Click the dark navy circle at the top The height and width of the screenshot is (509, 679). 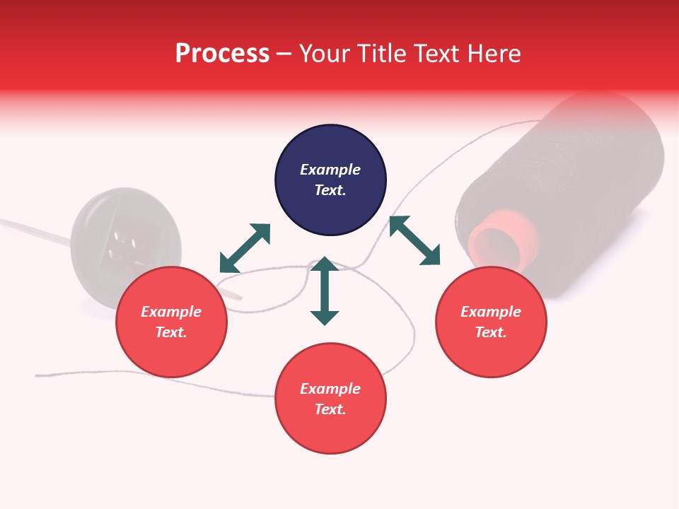pos(330,180)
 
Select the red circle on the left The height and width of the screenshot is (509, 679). pos(171,322)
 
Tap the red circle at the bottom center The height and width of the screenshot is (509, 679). pos(330,399)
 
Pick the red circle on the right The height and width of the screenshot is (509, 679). pos(491,322)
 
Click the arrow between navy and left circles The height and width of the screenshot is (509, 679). pos(245,248)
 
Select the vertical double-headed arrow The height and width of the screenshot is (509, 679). pos(325,291)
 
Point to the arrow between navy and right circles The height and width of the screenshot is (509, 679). pos(414,240)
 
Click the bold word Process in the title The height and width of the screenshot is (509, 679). pos(222,54)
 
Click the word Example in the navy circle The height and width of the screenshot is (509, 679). pos(330,170)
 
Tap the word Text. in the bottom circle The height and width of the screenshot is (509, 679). pos(330,409)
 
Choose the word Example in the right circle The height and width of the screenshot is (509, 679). pos(491,312)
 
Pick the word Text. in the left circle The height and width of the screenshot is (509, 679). pos(171,332)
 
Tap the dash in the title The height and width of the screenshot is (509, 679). pos(284,54)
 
